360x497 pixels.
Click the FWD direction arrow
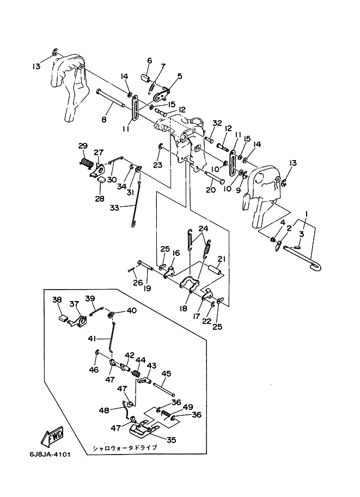(x=52, y=437)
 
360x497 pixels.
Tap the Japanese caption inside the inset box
(x=125, y=447)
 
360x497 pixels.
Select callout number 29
(x=83, y=146)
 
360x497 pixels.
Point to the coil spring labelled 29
(x=86, y=163)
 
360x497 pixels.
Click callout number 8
(x=104, y=120)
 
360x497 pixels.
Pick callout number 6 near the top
(x=149, y=60)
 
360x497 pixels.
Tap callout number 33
(x=114, y=208)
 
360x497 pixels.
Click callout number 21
(x=221, y=259)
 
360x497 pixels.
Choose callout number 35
(x=171, y=440)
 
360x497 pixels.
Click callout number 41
(x=92, y=339)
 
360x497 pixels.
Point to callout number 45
(x=166, y=373)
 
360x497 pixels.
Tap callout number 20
(x=211, y=189)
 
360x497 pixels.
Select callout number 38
(x=57, y=300)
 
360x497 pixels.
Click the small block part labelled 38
(x=63, y=317)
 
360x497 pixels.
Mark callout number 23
(x=157, y=165)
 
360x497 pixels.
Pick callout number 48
(x=104, y=410)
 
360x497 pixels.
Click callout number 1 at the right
(x=306, y=214)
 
